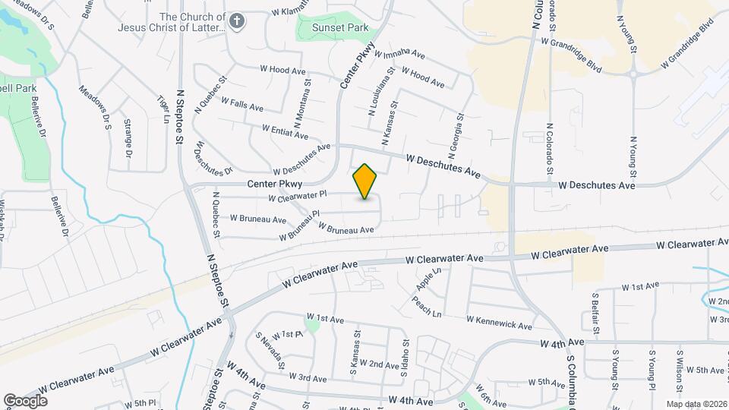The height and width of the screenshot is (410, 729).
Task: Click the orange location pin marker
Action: pos(365,181)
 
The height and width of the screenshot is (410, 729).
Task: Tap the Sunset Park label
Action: pos(343,28)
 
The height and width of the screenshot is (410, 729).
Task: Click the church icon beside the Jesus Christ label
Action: pos(238,20)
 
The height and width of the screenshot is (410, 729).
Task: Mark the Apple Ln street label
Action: pos(428,279)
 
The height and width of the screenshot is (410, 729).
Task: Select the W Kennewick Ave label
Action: pos(499,322)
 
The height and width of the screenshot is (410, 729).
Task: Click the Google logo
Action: pos(26,400)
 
